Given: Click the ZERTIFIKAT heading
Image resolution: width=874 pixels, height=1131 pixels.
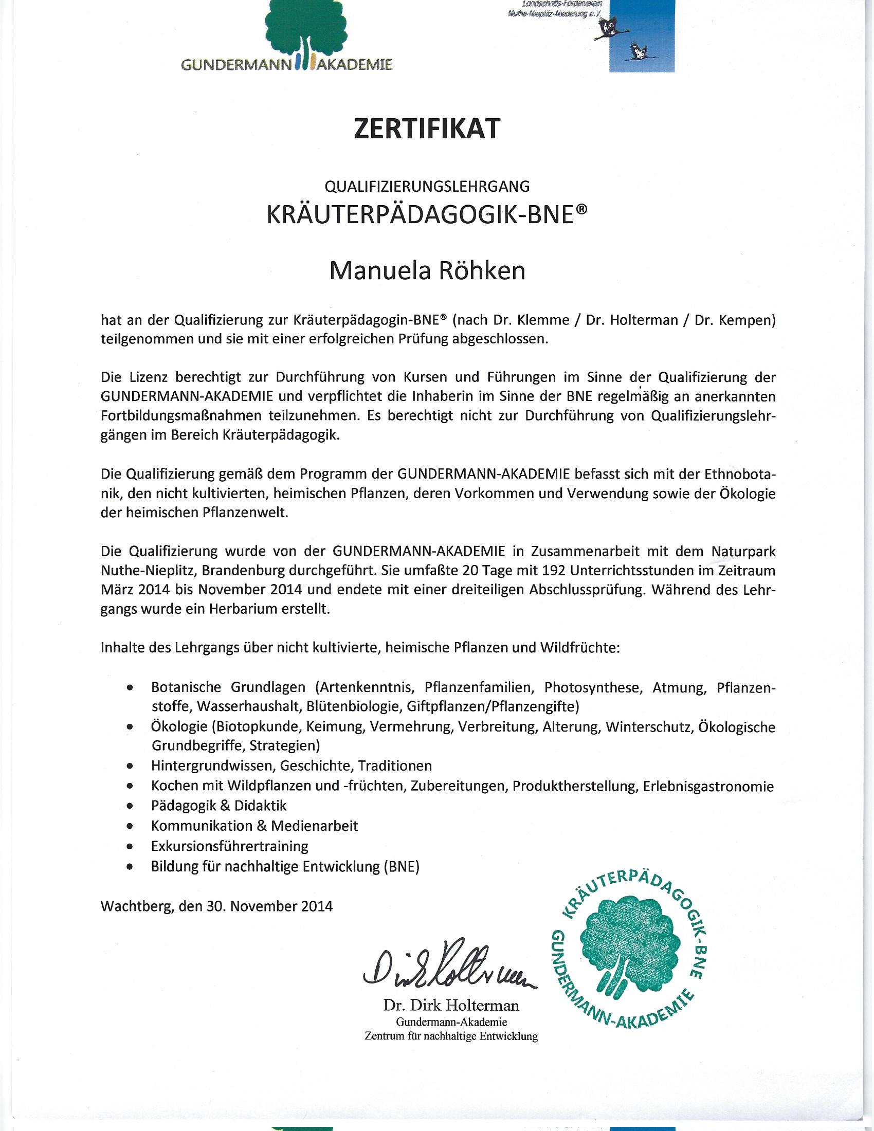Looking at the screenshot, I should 427,129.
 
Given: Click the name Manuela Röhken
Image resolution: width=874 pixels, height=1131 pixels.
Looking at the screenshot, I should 427,271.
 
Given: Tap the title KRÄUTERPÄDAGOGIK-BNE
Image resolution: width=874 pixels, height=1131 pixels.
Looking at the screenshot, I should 427,216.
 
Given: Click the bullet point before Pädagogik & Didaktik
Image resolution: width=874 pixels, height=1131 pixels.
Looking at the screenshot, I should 131,806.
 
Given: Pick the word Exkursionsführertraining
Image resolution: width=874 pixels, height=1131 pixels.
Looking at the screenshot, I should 229,846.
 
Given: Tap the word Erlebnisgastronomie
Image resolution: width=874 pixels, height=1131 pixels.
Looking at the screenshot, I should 708,787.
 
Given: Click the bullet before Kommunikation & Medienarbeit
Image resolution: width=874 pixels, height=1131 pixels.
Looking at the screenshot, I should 131,827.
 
